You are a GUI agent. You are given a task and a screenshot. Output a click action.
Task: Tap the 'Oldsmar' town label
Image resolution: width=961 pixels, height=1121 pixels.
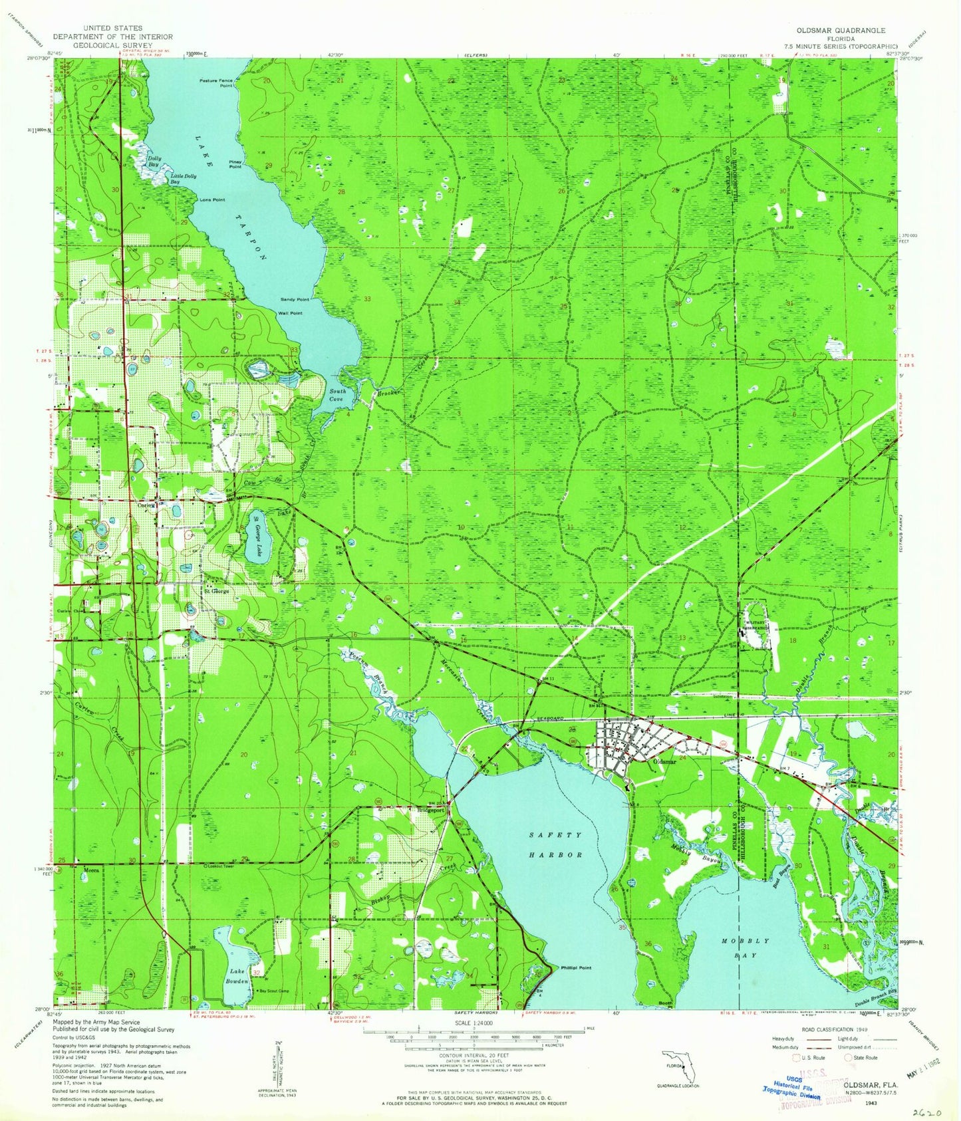(664, 761)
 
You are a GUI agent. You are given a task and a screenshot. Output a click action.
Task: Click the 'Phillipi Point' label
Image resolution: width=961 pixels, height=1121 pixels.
(575, 968)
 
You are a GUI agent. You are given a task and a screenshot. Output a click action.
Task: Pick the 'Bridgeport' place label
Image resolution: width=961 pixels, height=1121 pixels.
(430, 810)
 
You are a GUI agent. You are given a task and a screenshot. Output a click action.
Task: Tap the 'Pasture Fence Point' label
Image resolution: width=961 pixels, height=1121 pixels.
(216, 83)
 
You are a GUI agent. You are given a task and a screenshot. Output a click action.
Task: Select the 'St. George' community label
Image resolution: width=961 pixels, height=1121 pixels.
(217, 590)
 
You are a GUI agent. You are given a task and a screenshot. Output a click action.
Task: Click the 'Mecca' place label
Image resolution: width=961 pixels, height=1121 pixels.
(91, 869)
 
